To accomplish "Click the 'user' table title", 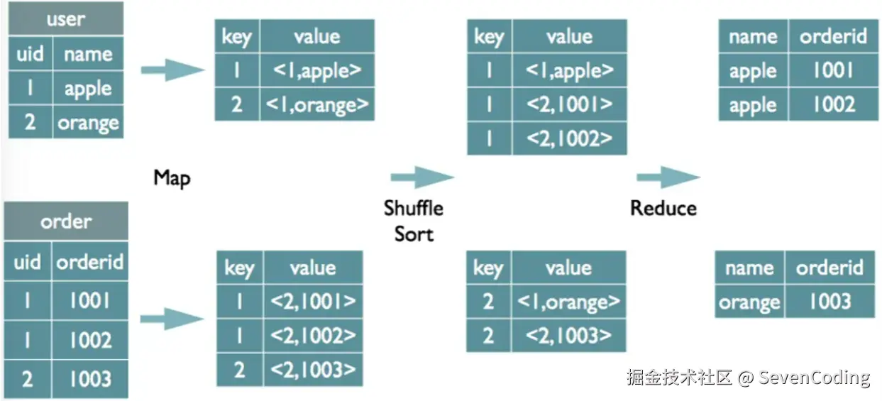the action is pyautogui.click(x=66, y=19).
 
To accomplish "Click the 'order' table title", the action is pyautogui.click(x=66, y=221).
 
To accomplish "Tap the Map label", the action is pyautogui.click(x=172, y=178).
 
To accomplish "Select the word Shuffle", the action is pyautogui.click(x=414, y=208).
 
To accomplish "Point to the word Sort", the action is pyautogui.click(x=414, y=234).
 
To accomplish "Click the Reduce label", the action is pyautogui.click(x=663, y=208).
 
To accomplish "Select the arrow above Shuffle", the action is pyautogui.click(x=422, y=177).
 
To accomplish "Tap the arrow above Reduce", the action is pyautogui.click(x=668, y=177).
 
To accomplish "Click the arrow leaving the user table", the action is pyautogui.click(x=173, y=70).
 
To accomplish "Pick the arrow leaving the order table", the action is pyautogui.click(x=172, y=319).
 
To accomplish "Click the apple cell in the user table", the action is pyautogui.click(x=88, y=88).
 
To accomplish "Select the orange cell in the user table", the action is pyautogui.click(x=88, y=123).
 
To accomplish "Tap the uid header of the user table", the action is pyautogui.click(x=30, y=53).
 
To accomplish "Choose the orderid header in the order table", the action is pyautogui.click(x=90, y=262).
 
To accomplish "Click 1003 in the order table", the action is pyautogui.click(x=90, y=379).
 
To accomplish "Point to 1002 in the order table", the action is pyautogui.click(x=90, y=339).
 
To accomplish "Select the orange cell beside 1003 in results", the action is pyautogui.click(x=749, y=302).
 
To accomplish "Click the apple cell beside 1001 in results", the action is pyautogui.click(x=753, y=71).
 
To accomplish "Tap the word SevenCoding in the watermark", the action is pyautogui.click(x=814, y=378).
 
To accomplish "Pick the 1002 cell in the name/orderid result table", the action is pyautogui.click(x=834, y=105).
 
